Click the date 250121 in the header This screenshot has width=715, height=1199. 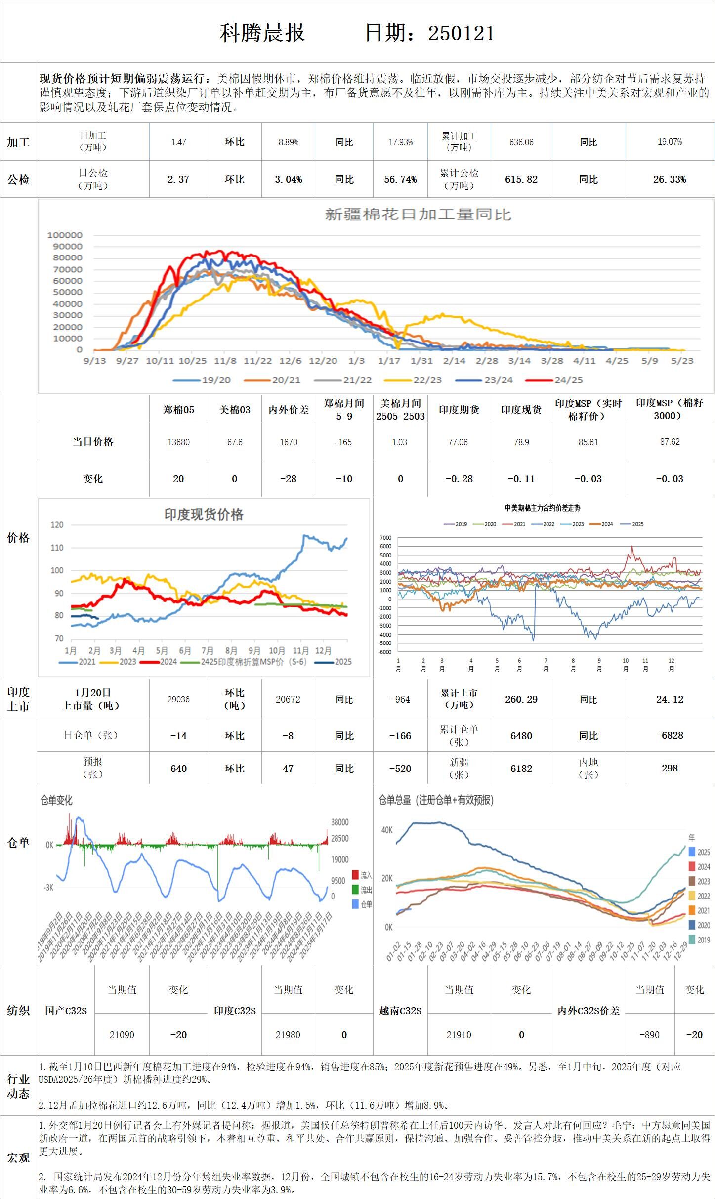click(x=461, y=33)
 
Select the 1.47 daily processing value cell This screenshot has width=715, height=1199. click(x=178, y=142)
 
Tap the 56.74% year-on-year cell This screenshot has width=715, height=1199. click(x=400, y=179)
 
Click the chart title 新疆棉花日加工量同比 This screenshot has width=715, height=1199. click(x=418, y=214)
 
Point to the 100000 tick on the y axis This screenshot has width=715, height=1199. click(x=65, y=235)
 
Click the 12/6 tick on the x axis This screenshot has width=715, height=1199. click(x=290, y=361)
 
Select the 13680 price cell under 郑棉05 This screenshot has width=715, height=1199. click(x=178, y=442)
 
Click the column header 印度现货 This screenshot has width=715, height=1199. click(x=521, y=410)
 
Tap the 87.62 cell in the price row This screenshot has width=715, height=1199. click(x=670, y=442)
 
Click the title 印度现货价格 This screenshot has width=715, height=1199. click(x=204, y=515)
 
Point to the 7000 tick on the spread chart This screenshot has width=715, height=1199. click(x=385, y=538)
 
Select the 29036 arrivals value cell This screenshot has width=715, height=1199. click(x=178, y=699)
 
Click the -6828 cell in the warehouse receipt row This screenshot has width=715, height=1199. click(x=670, y=735)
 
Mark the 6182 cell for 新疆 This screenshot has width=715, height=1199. click(x=521, y=769)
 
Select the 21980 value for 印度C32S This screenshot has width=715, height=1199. click(x=288, y=1035)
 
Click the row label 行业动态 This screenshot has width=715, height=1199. click(x=18, y=1086)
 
